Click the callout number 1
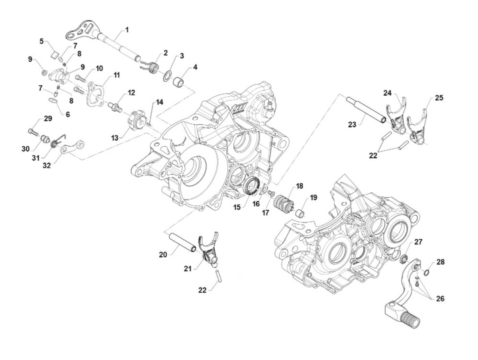[127, 30]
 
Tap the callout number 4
[195, 67]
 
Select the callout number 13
[115, 138]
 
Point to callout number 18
[300, 186]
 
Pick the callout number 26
[440, 298]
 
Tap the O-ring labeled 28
[426, 273]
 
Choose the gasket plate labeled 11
[96, 93]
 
